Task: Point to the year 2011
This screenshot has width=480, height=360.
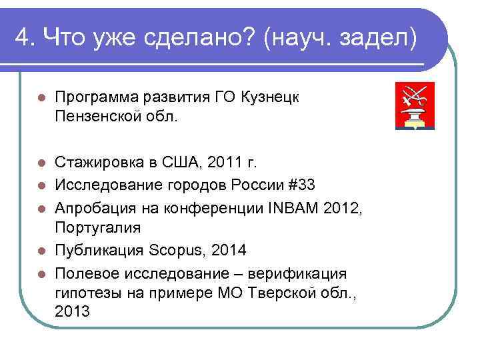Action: (222, 162)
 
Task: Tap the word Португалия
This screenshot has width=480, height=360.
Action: (98, 227)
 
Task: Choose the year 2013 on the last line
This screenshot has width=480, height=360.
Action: (72, 311)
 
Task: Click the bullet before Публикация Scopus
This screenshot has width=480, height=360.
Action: (41, 251)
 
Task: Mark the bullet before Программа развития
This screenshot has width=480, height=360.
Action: (41, 98)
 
